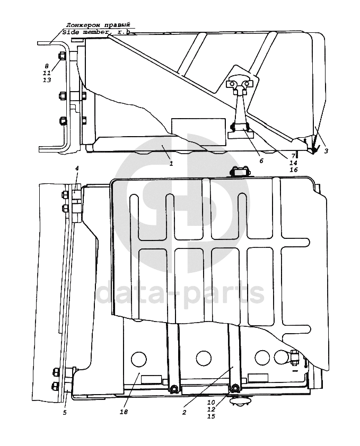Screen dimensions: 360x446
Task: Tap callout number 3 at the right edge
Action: coord(326,151)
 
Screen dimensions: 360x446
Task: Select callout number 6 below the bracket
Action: coord(261,160)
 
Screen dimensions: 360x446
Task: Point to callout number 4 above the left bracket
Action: coord(77,169)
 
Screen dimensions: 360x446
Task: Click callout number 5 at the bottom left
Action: coord(65,412)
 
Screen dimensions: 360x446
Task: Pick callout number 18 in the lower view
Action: coord(124,412)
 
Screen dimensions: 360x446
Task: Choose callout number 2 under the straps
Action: coord(185,411)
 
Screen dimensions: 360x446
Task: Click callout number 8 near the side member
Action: coord(47,66)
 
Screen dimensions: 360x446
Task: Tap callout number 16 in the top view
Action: coord(293,170)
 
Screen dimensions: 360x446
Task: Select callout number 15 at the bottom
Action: coord(211,416)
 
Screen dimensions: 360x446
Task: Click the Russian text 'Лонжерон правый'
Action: coord(97,25)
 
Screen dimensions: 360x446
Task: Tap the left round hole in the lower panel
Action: coord(138,358)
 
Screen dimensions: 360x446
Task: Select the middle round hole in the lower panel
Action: coord(204,358)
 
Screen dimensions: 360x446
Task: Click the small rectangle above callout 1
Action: coord(187,126)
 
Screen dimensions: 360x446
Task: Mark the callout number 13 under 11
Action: coord(47,80)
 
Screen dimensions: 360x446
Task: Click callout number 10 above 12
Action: coord(211,403)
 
